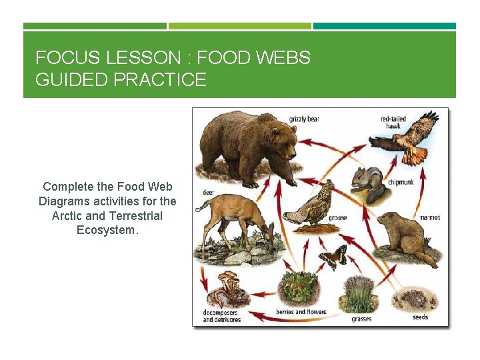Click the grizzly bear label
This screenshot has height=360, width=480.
(x=304, y=119)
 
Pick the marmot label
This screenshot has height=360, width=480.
(x=429, y=217)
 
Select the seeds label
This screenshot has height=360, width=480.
(x=420, y=317)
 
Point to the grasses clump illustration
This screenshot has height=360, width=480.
(x=360, y=293)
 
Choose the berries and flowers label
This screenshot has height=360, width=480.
(x=301, y=312)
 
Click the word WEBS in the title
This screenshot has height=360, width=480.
(x=283, y=58)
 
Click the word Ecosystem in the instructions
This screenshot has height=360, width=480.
(x=107, y=230)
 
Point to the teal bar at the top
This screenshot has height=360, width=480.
(x=384, y=26)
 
